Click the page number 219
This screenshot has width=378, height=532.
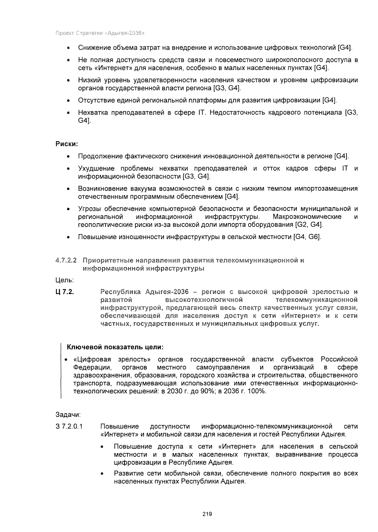[x=207, y=514]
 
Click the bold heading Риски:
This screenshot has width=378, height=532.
[x=66, y=144]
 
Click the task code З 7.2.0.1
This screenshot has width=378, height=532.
[x=69, y=427]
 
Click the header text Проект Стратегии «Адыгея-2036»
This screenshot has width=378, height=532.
[x=100, y=33]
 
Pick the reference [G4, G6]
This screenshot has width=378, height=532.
[x=307, y=237]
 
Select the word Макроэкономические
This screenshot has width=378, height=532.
[x=307, y=217]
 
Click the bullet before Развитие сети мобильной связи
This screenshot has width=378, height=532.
[x=102, y=474]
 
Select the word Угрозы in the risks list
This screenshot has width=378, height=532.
[x=89, y=209]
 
